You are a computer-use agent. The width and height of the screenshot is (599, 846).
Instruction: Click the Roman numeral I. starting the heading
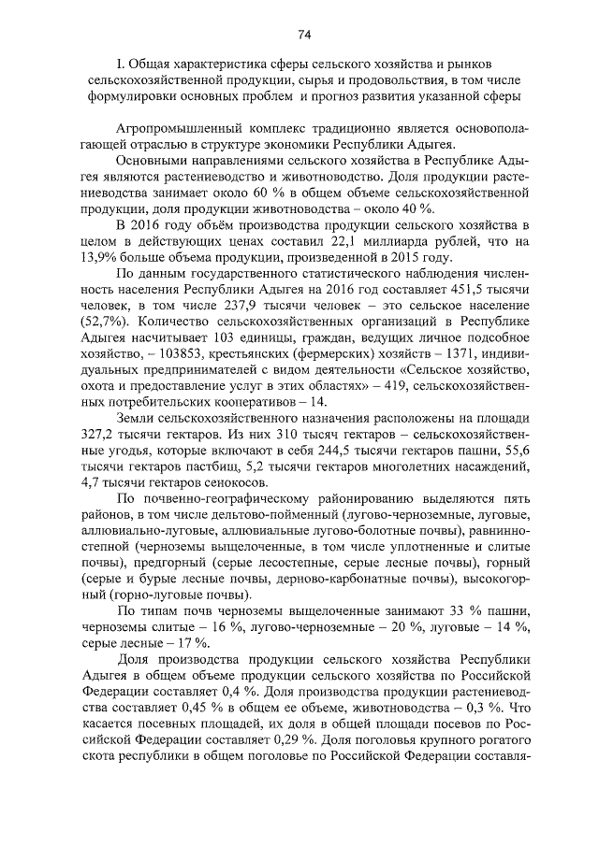(118, 65)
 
